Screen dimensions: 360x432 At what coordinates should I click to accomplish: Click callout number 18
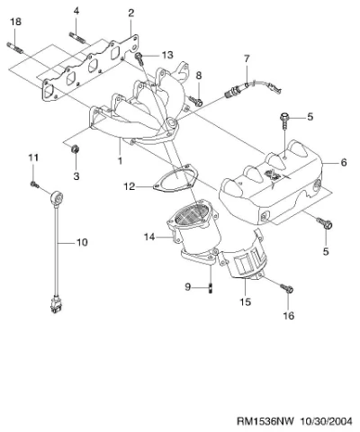click(16, 22)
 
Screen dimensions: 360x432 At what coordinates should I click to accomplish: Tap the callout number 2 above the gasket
click(130, 13)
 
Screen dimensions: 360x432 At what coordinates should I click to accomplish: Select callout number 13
click(168, 55)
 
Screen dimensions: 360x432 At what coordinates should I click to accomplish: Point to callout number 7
click(247, 58)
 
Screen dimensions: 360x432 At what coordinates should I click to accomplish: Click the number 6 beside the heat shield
click(344, 163)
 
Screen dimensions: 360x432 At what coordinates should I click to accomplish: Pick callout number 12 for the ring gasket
click(130, 186)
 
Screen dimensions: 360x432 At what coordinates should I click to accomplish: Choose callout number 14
click(149, 237)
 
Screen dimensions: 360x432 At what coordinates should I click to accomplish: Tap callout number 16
click(289, 316)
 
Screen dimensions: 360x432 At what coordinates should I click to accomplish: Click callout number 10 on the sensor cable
click(82, 242)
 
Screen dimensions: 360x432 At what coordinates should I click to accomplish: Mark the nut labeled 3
click(75, 148)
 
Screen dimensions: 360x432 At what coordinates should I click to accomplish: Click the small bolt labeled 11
click(34, 184)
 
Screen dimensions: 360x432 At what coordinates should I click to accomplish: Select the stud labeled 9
click(211, 289)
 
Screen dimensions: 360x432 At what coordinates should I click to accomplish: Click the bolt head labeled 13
click(139, 57)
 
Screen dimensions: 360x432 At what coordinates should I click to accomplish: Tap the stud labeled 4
click(77, 37)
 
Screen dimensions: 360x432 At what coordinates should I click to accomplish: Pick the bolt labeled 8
click(195, 102)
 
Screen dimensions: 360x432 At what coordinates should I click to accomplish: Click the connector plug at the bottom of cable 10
click(56, 304)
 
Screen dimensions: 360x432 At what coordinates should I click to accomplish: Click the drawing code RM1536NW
click(265, 421)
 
